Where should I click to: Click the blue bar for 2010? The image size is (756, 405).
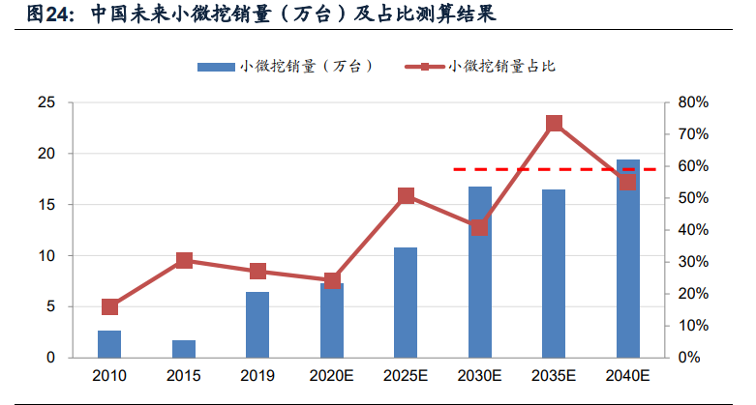(109, 344)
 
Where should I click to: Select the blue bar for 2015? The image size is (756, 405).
(184, 349)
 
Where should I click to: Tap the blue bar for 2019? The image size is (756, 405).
(257, 325)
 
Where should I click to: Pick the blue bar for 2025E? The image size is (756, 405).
(406, 303)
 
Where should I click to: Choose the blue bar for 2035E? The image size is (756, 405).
(554, 274)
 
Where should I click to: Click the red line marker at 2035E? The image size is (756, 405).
(554, 124)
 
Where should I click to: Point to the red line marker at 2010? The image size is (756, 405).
(109, 307)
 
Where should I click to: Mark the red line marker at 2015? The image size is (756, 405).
(184, 260)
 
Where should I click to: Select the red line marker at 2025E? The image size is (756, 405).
(406, 196)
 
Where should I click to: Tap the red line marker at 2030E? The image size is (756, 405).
(480, 228)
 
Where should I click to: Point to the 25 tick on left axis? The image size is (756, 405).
(45, 102)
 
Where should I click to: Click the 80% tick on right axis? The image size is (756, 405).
(694, 102)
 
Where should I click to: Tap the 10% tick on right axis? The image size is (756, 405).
(694, 326)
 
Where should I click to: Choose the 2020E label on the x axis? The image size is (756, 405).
(332, 374)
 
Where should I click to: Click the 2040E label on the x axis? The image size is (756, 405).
(627, 374)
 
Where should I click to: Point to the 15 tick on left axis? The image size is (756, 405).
(45, 205)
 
